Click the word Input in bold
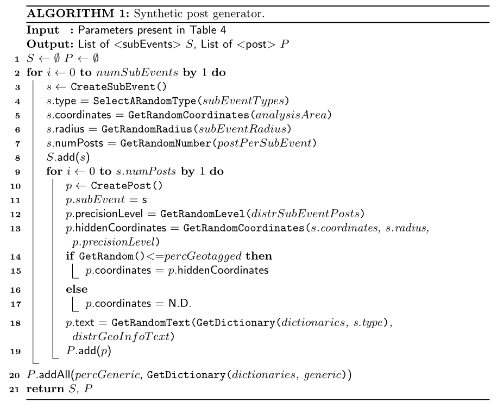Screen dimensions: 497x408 click(42, 30)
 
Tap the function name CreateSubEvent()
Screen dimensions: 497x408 click(118, 87)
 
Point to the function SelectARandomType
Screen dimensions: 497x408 click(145, 101)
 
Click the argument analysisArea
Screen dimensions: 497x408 click(291, 115)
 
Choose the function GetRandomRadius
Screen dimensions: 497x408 click(147, 129)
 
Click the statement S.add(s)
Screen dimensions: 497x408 click(68, 157)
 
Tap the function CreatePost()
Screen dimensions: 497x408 click(127, 185)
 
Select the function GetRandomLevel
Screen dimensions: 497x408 click(203, 214)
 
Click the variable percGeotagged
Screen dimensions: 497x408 click(203, 256)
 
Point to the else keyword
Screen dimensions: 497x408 click(77, 289)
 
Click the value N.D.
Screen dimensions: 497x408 click(180, 304)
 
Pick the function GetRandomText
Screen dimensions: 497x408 click(150, 323)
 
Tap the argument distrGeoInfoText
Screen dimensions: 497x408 click(121, 336)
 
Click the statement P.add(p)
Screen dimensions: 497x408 click(89, 351)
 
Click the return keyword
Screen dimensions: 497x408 click(45, 389)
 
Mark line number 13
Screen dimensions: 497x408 click(16, 229)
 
